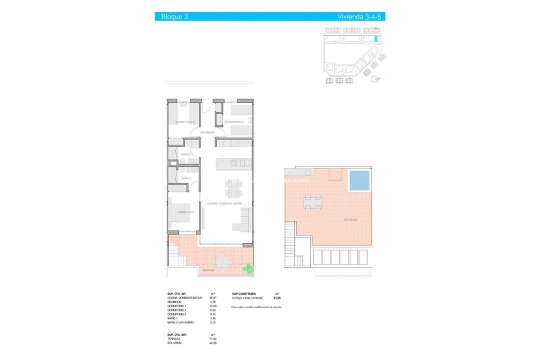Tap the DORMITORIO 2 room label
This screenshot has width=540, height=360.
coord(184,122)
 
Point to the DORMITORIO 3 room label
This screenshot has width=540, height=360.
coord(233,122)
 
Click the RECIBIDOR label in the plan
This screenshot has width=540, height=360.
coord(207,132)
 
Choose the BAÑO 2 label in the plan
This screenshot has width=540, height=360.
coord(186,154)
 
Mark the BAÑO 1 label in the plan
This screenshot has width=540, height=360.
coord(186,178)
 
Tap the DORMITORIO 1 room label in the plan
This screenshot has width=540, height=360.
coord(186,212)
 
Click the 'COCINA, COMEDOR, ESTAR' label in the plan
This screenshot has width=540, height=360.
coord(224,203)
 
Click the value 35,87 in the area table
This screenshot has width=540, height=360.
coord(212,298)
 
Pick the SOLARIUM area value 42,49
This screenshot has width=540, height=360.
coord(212,343)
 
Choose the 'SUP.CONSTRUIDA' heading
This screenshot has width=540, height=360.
coord(244,294)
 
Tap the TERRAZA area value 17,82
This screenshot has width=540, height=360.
coord(212,339)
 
